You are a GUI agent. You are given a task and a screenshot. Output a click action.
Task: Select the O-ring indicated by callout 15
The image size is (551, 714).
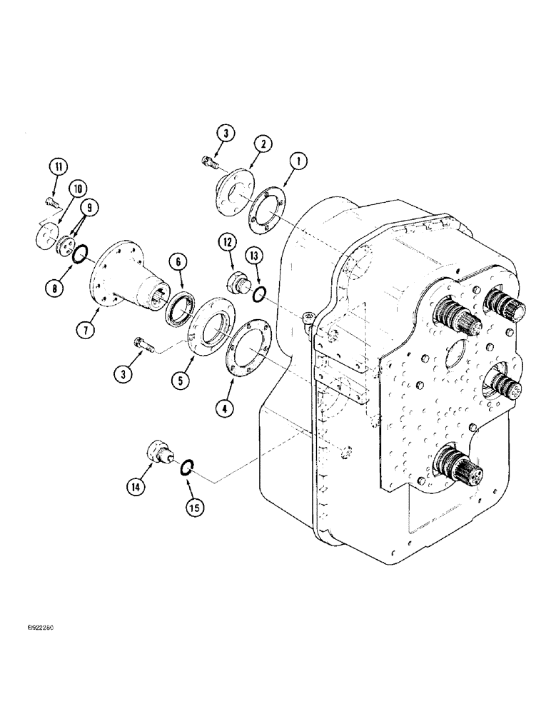pyautogui.click(x=185, y=468)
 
